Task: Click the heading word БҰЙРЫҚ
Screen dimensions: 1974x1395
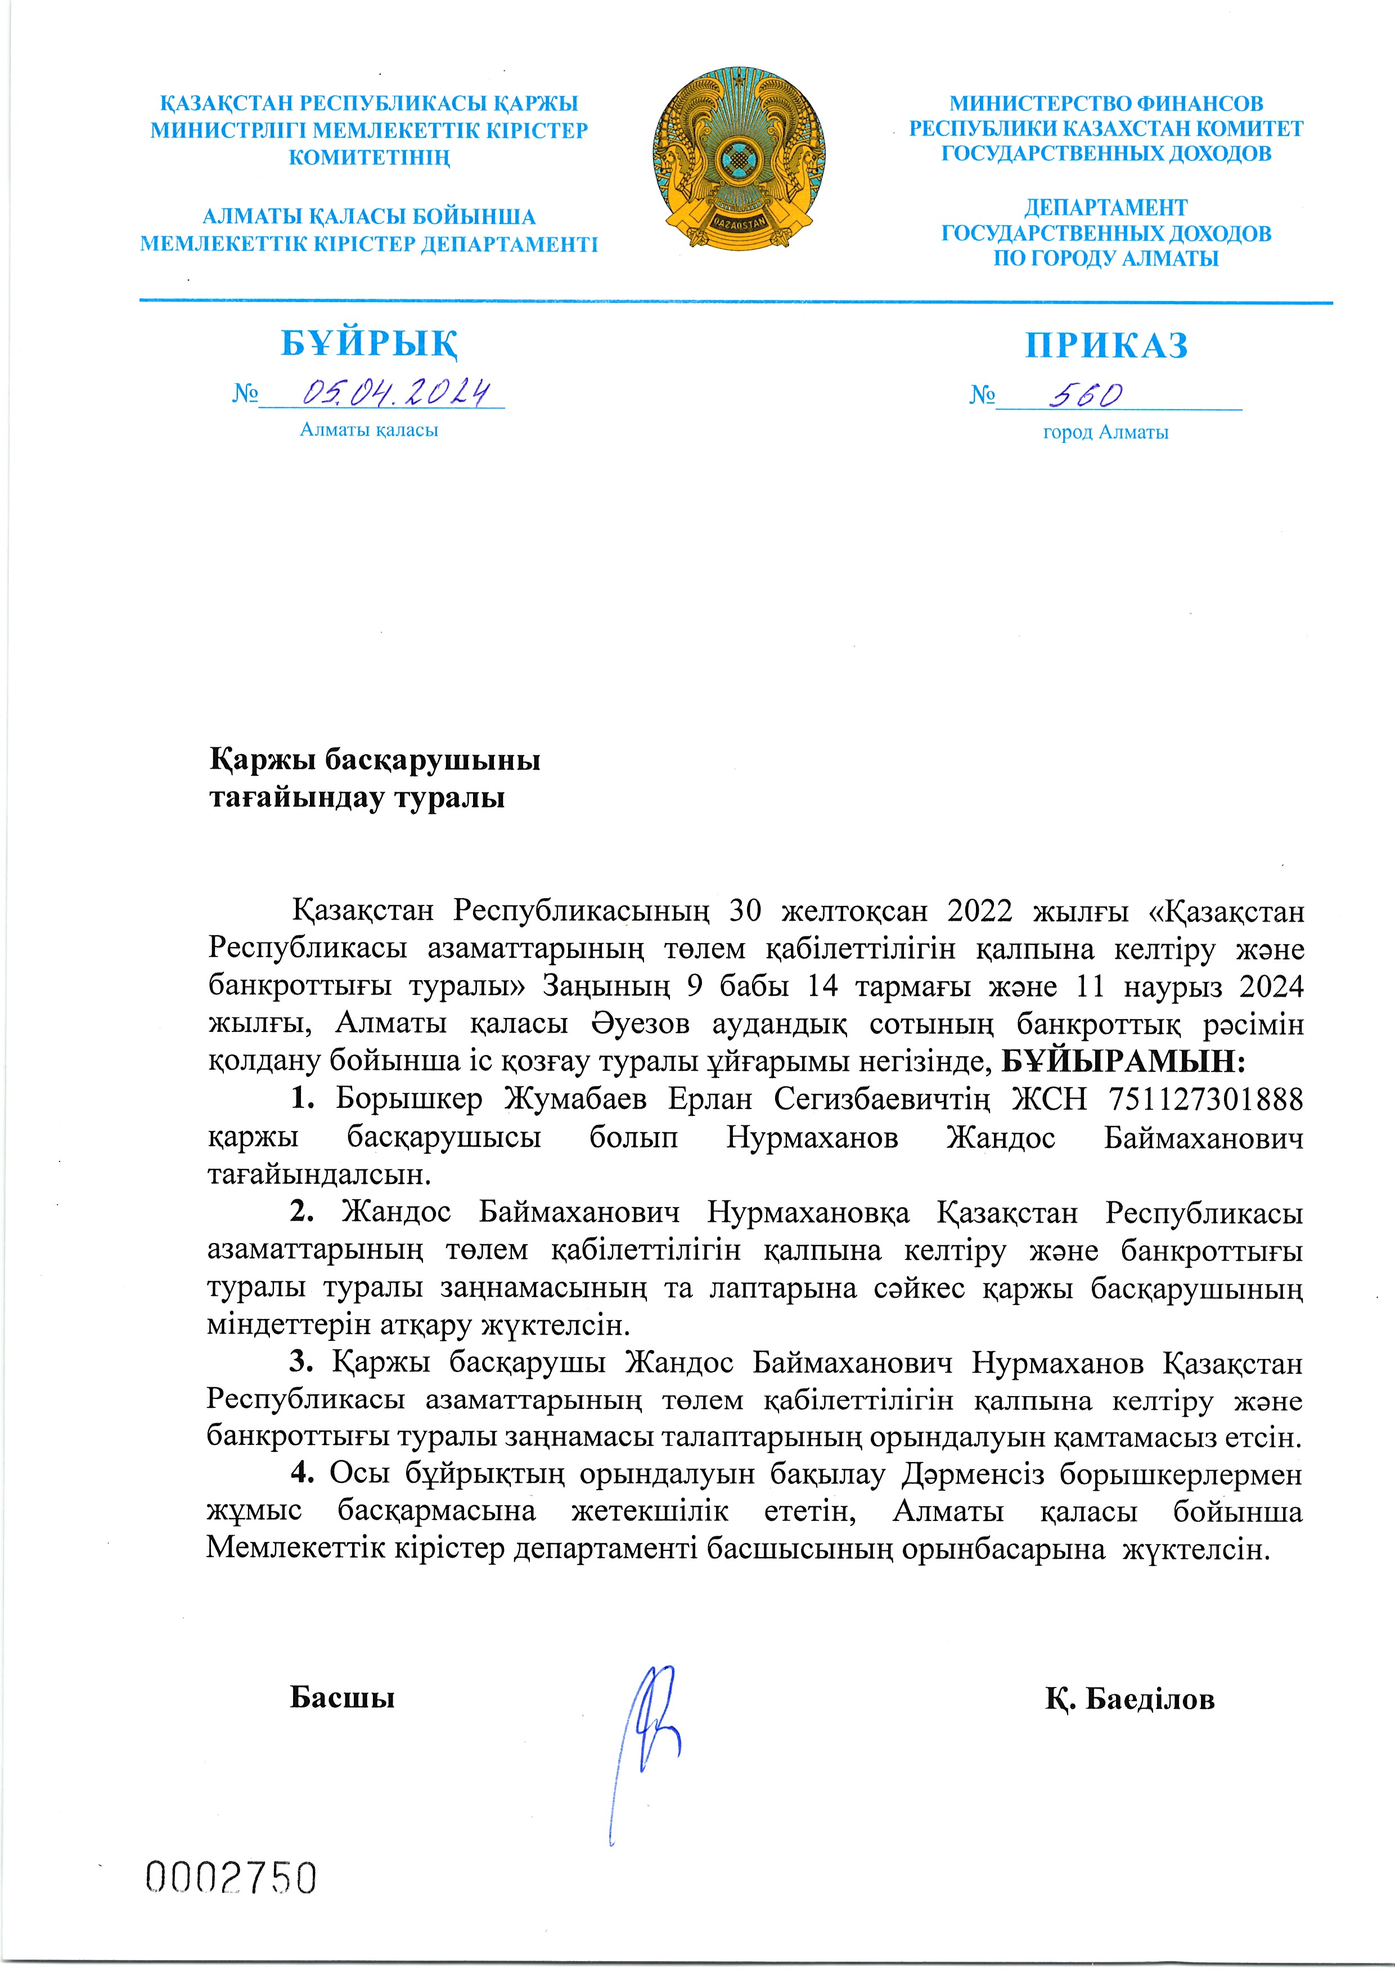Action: coord(369,343)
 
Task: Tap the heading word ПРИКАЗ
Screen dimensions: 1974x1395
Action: coord(1106,345)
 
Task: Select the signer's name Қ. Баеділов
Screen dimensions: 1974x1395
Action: coord(1129,1699)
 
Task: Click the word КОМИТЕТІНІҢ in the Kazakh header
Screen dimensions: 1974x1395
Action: coord(369,158)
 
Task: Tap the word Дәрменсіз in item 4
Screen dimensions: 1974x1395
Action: coord(973,1474)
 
